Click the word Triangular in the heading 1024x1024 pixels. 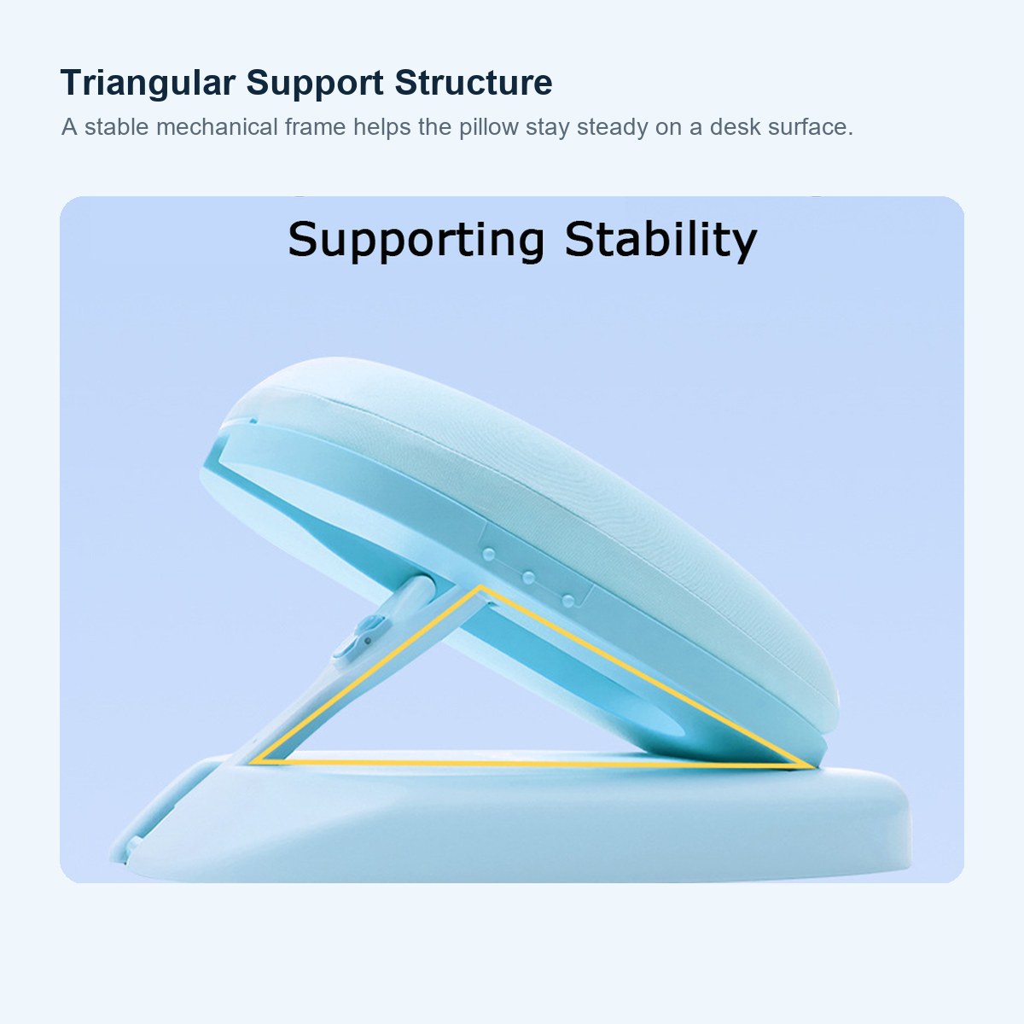(x=148, y=83)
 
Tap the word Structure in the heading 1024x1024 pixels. (x=473, y=83)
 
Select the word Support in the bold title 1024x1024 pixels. (x=315, y=84)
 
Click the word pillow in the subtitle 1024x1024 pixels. (x=488, y=127)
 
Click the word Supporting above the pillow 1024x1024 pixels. (x=416, y=240)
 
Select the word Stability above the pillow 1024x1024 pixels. (x=660, y=240)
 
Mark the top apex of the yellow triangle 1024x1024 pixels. (x=480, y=587)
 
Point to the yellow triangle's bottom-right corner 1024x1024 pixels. (x=812, y=766)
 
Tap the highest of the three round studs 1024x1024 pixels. (x=488, y=555)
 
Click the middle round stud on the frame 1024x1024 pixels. (x=528, y=578)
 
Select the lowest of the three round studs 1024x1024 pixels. (x=568, y=601)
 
